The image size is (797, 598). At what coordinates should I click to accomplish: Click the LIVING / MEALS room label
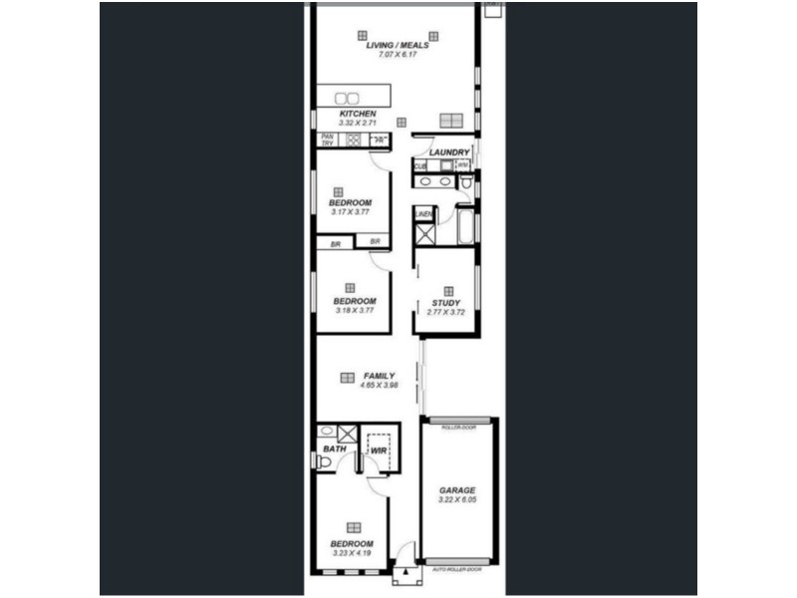pos(397,44)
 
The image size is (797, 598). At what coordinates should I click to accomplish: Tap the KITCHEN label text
pos(357,115)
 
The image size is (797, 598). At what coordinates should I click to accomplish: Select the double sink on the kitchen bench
pos(347,98)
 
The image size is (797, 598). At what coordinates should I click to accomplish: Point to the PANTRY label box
pos(326,140)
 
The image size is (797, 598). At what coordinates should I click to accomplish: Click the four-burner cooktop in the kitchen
pos(353,140)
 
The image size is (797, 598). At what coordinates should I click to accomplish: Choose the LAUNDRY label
pos(449,152)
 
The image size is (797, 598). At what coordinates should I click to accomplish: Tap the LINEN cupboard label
pos(424,213)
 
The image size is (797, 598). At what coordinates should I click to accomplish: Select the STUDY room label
pos(445,303)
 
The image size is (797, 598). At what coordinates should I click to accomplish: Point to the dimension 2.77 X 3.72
pos(445,313)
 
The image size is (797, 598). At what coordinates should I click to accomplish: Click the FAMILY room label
pos(379,376)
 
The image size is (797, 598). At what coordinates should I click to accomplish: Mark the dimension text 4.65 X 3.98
pos(379,386)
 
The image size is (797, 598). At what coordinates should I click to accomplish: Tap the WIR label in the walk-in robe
pos(378,451)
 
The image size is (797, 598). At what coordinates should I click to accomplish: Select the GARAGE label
pos(457,490)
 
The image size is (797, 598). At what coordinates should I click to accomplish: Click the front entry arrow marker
pos(405,574)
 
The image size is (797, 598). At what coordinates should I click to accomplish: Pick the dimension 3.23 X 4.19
pos(352,553)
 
